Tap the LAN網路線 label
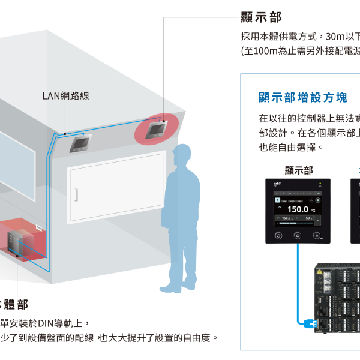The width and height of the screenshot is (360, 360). [66, 95]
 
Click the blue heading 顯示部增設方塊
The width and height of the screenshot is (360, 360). [303, 97]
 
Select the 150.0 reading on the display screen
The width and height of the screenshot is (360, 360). [298, 209]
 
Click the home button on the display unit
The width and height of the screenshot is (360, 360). [298, 236]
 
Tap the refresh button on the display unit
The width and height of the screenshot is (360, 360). [278, 236]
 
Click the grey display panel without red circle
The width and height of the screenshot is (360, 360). [80, 143]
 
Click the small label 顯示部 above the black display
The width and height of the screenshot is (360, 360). [299, 170]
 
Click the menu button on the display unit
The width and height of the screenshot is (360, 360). [317, 236]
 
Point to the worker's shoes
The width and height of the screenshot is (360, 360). [172, 289]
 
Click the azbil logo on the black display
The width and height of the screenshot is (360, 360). [277, 184]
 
